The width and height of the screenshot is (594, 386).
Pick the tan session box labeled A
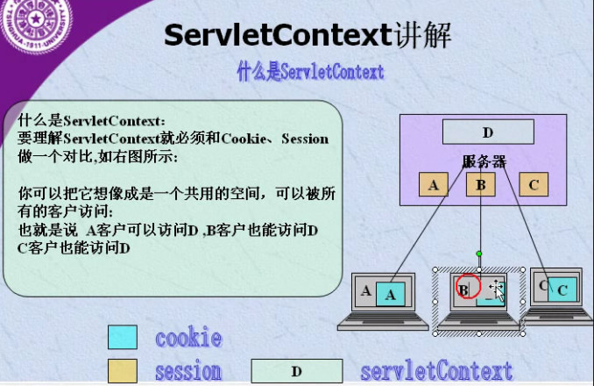433,185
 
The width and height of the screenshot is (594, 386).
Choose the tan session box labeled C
534,185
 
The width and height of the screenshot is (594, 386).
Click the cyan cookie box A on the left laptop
391,295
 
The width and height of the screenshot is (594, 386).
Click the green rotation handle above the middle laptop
479,254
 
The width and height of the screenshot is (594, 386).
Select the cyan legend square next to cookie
123,338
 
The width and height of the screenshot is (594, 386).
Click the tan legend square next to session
123,369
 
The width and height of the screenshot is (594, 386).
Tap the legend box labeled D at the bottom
296,370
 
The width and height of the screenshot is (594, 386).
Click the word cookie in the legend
188,338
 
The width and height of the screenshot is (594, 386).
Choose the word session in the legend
188,370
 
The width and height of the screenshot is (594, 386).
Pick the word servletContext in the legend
435,369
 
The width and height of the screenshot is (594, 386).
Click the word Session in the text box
305,139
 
